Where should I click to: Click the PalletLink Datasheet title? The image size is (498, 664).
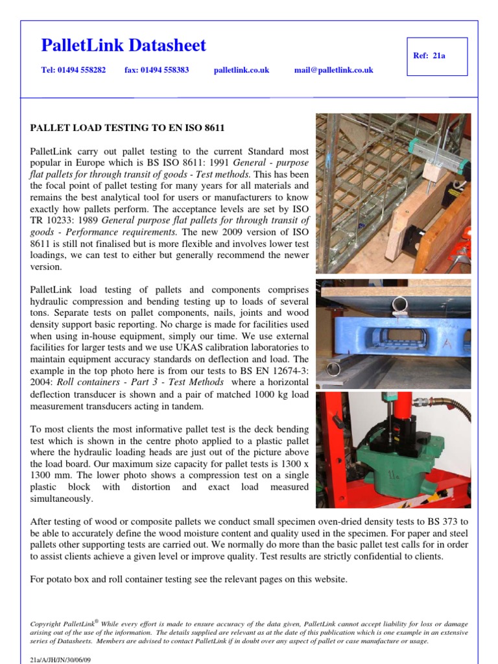click(x=123, y=45)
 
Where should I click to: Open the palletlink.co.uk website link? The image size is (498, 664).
click(x=241, y=70)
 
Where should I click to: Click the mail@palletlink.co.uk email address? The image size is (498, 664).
click(x=333, y=70)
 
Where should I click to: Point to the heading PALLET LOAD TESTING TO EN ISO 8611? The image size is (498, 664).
click(x=128, y=127)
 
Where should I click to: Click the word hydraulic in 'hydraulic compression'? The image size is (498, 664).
click(x=49, y=302)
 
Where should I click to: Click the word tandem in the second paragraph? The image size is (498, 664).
click(x=189, y=406)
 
